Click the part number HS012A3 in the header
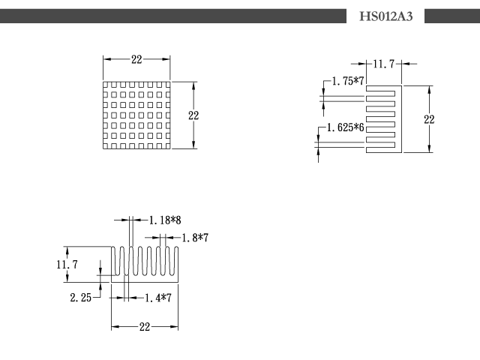tap(385, 16)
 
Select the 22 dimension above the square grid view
tap(136, 59)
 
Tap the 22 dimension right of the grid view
tap(193, 115)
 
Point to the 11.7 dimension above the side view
tap(384, 64)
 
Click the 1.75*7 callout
tap(348, 81)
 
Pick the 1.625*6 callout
tap(346, 127)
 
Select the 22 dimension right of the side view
tap(429, 119)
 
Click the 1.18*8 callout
tap(165, 220)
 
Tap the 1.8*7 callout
tap(195, 238)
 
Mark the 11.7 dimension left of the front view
tap(67, 265)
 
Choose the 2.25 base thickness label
tap(81, 298)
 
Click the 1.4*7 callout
tap(158, 298)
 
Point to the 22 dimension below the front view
tap(145, 327)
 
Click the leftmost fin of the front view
tap(113, 260)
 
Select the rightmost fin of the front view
tap(176, 260)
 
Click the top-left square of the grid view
tap(105, 84)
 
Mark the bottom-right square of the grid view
tap(168, 146)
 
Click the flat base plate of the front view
tap(145, 278)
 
